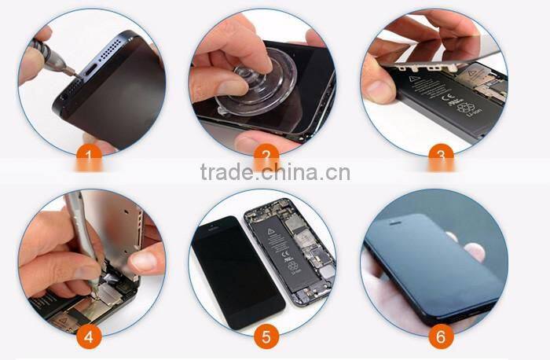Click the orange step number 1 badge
(x=91, y=160)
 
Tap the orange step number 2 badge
(x=266, y=160)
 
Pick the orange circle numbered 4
(x=91, y=336)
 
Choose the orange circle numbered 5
(x=266, y=336)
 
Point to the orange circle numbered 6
(x=442, y=336)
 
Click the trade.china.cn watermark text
(x=274, y=172)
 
